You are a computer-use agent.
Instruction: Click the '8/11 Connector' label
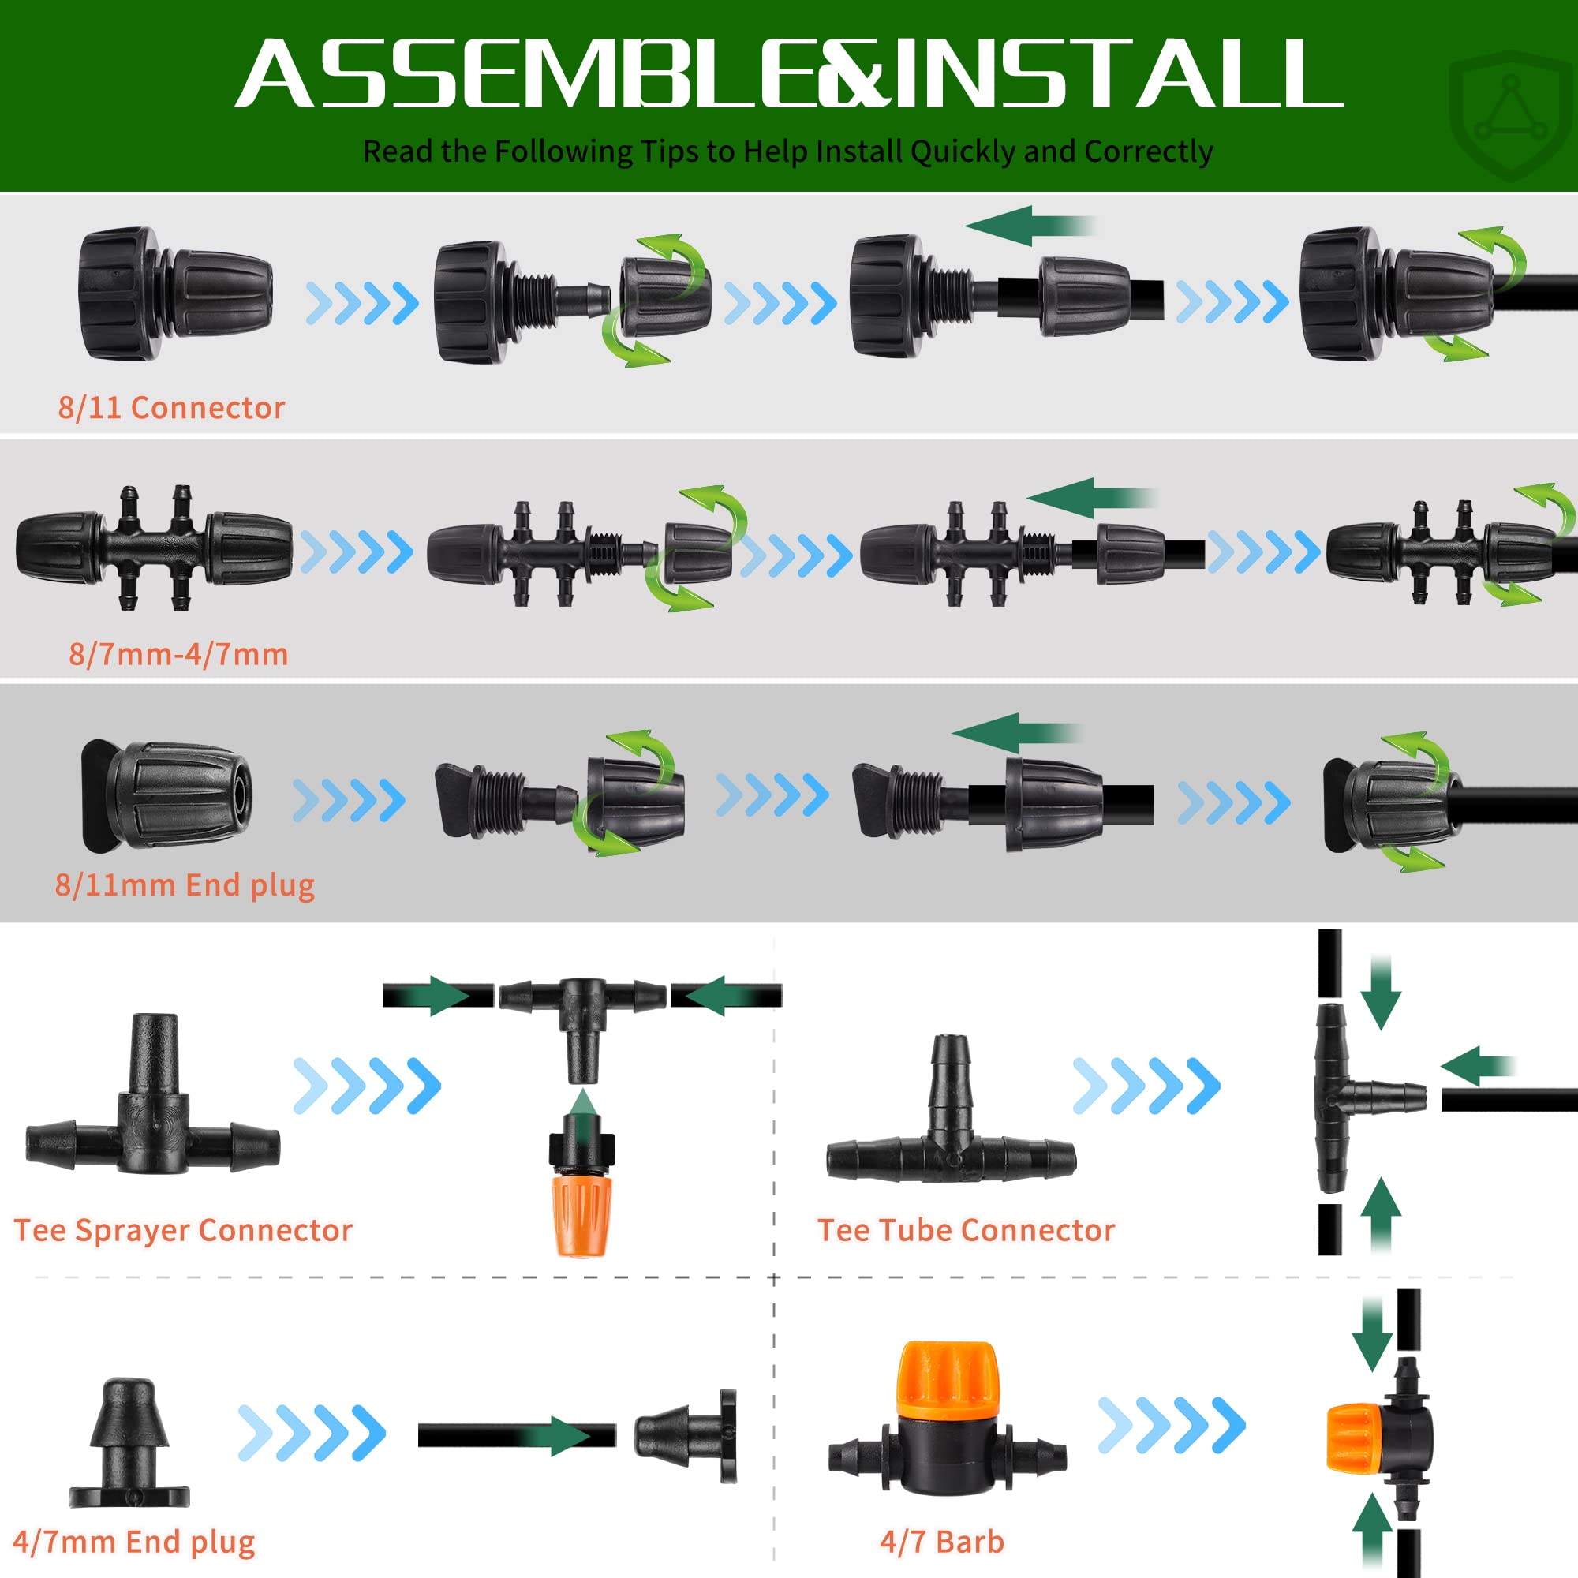pyautogui.click(x=171, y=407)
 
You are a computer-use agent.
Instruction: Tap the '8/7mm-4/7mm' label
pyautogui.click(x=178, y=654)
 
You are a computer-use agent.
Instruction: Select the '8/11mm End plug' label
pyautogui.click(x=185, y=885)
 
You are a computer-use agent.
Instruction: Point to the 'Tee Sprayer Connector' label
pyautogui.click(x=183, y=1230)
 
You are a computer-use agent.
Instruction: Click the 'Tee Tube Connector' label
pyautogui.click(x=967, y=1230)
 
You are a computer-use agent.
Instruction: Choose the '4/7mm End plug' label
pyautogui.click(x=134, y=1542)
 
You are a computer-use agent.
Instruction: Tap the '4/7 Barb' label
pyautogui.click(x=942, y=1541)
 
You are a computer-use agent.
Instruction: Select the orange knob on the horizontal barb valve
pyautogui.click(x=948, y=1382)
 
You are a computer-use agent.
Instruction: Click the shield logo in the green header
pyautogui.click(x=1511, y=114)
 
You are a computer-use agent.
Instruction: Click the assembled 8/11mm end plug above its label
pyautogui.click(x=166, y=795)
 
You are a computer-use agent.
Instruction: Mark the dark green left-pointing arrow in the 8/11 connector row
pyautogui.click(x=1029, y=226)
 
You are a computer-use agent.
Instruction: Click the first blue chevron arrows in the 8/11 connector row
pyautogui.click(x=362, y=303)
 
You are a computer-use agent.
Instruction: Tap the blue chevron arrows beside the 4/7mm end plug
pyautogui.click(x=312, y=1433)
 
